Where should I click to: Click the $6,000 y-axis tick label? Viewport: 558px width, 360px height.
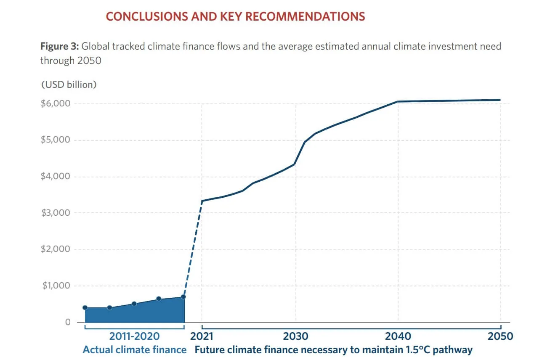pos(56,103)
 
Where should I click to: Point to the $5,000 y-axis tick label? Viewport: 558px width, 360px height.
pos(56,140)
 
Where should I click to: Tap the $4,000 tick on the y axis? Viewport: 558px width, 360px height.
pos(56,176)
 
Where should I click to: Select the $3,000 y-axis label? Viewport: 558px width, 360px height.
pos(56,213)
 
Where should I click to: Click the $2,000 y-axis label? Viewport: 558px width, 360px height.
pos(56,249)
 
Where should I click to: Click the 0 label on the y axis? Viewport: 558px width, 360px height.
pos(68,322)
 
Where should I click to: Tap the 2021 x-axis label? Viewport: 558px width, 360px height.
pos(202,336)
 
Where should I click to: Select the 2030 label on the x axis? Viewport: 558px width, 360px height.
pos(295,336)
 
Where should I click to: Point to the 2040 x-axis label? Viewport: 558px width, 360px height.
pos(398,336)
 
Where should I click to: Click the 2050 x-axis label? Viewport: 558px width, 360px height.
pos(500,336)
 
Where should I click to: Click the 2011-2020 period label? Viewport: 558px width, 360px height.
pos(134,336)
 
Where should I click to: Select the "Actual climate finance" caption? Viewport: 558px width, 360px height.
pos(134,350)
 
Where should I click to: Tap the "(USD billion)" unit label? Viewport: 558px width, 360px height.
pos(69,85)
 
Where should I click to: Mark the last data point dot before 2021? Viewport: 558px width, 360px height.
pos(183,297)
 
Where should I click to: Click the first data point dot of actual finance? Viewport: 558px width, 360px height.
pos(85,307)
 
